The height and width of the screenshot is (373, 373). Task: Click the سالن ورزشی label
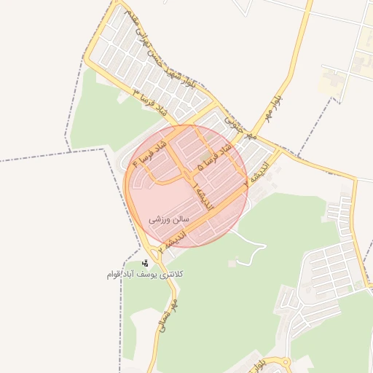(x=169, y=218)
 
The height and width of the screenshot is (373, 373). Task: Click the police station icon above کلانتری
(x=145, y=263)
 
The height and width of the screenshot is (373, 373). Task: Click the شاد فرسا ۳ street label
(x=151, y=103)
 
